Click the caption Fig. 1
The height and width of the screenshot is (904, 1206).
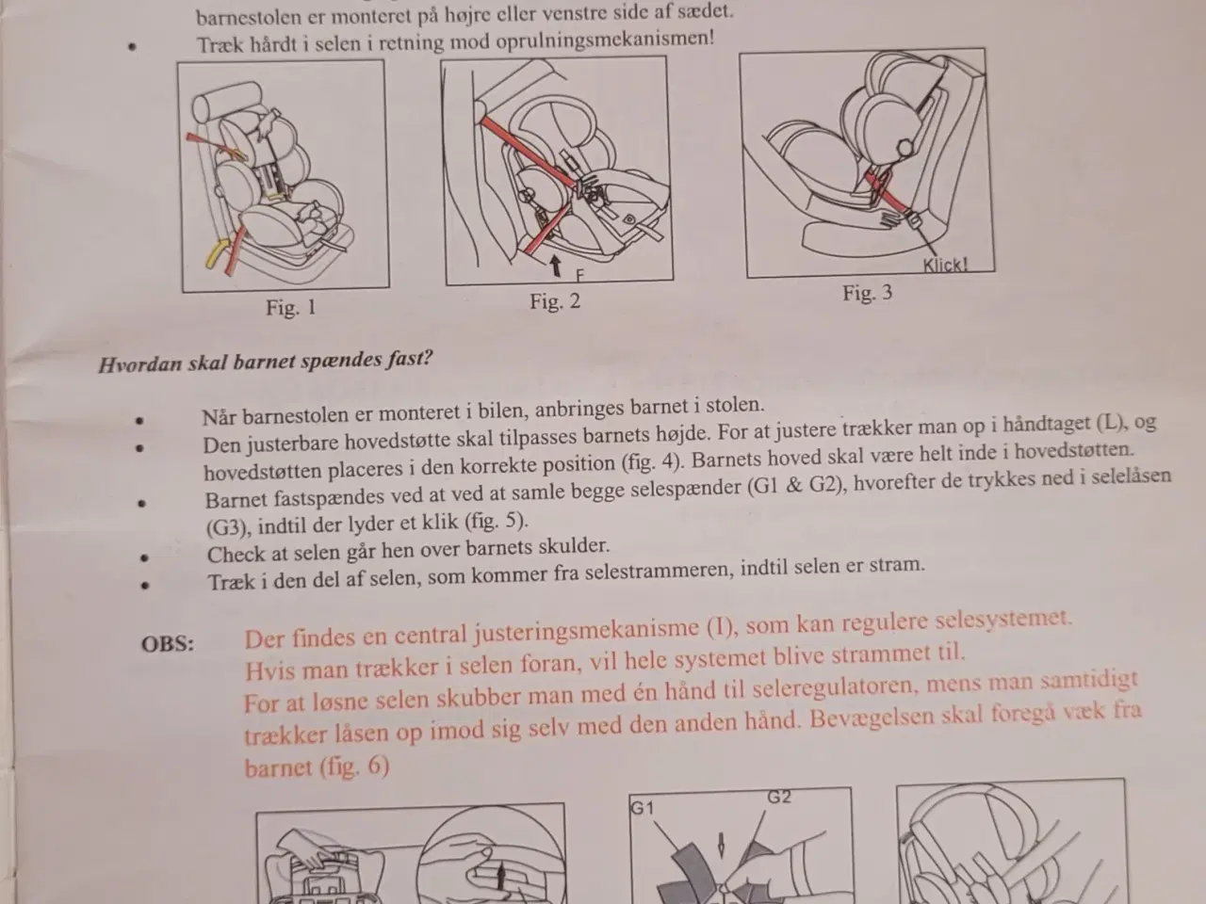point(291,308)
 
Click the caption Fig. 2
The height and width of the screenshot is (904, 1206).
point(555,301)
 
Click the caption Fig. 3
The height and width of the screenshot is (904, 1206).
point(868,293)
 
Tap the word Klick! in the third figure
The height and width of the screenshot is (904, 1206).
point(945,266)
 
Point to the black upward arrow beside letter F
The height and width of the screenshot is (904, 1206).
point(556,266)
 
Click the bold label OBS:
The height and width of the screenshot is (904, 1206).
point(168,644)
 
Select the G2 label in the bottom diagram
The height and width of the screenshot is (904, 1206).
point(778,797)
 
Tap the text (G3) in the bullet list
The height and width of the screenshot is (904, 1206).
point(227,527)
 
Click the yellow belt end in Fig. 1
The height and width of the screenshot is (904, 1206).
point(216,253)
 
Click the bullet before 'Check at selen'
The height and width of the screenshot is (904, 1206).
point(144,557)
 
